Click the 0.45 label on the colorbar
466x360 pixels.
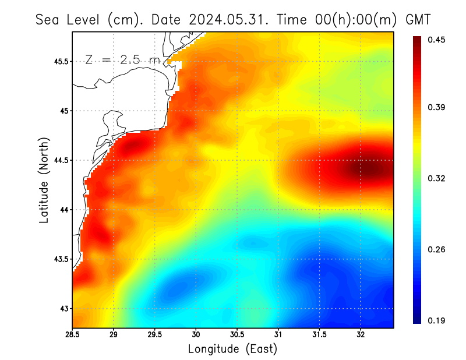(x=437, y=40)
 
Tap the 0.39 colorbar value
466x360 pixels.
(x=437, y=107)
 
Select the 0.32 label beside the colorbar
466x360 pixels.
(x=437, y=178)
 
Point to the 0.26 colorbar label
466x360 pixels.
(x=437, y=249)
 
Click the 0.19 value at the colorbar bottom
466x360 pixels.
(x=437, y=320)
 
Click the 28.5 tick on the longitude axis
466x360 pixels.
(x=72, y=334)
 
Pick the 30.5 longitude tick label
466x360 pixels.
(x=237, y=334)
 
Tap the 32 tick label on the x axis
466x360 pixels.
(x=361, y=334)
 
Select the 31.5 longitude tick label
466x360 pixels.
(x=319, y=334)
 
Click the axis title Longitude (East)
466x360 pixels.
(x=232, y=348)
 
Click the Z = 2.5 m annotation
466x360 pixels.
(x=122, y=59)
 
